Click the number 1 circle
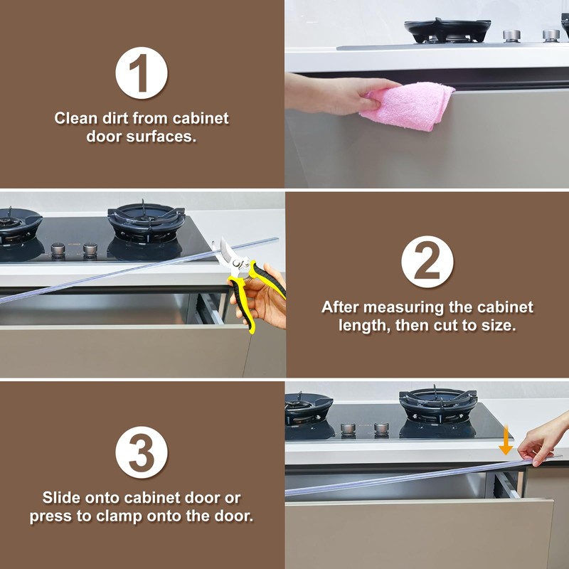click(142, 73)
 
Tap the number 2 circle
click(427, 262)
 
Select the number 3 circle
click(142, 452)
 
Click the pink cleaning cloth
click(408, 105)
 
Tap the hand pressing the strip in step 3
click(543, 438)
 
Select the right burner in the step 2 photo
click(146, 221)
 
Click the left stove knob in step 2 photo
click(58, 249)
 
